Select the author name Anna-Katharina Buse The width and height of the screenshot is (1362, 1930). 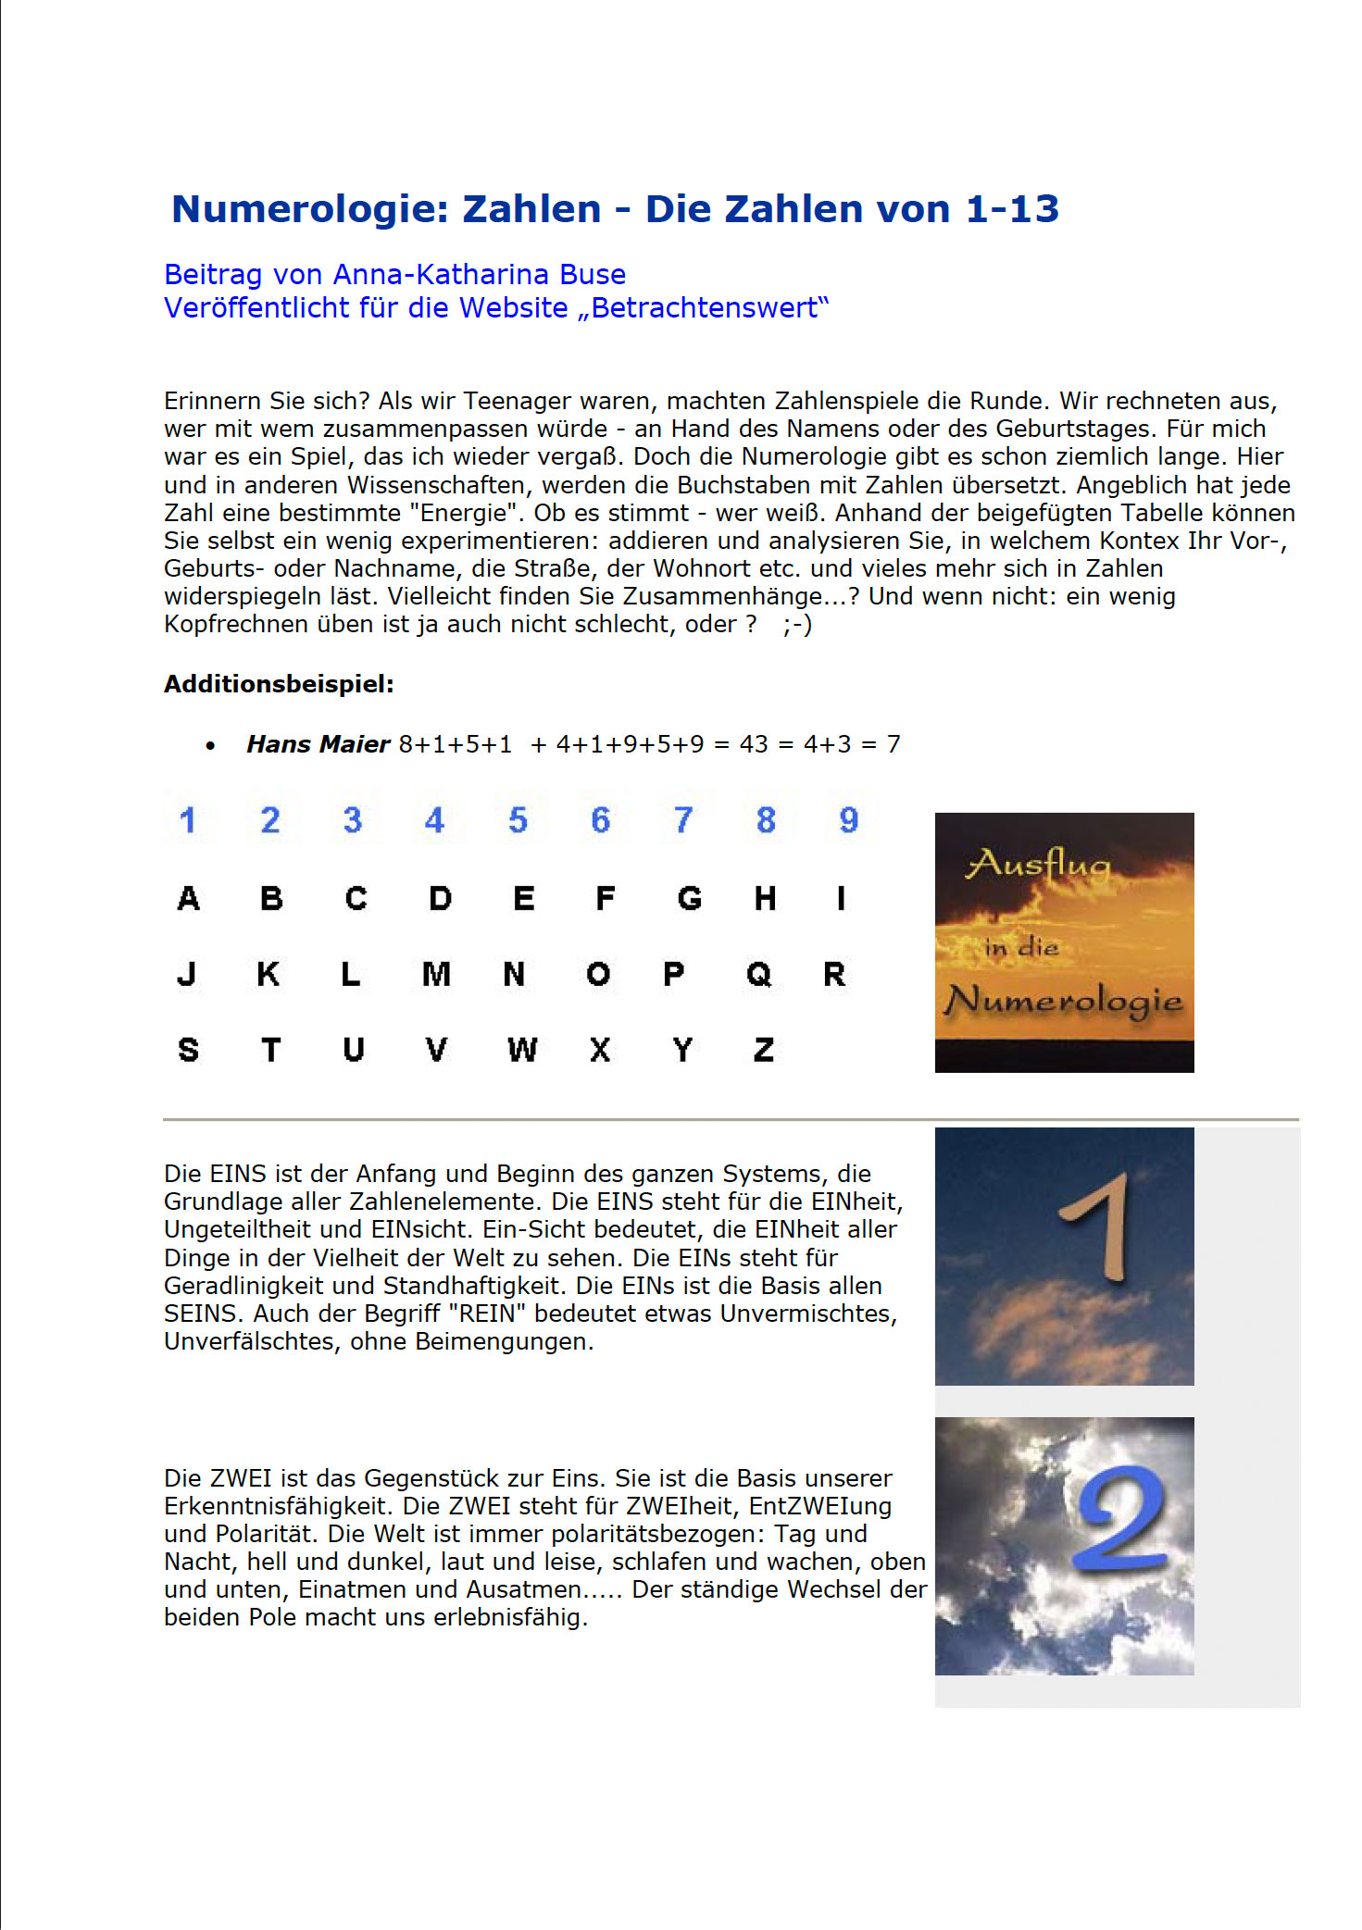[x=479, y=275]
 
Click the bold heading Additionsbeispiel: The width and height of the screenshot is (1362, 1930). [x=279, y=684]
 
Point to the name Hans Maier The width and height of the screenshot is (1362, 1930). [x=318, y=744]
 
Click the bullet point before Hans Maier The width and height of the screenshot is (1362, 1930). [x=211, y=746]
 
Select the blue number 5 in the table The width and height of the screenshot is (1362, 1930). [x=518, y=820]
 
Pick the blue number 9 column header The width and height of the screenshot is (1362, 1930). [x=848, y=820]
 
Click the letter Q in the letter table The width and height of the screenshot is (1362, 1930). [x=758, y=974]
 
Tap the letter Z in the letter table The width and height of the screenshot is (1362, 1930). [x=764, y=1050]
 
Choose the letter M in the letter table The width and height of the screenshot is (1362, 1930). [x=436, y=974]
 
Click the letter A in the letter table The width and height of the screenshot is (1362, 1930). [x=188, y=898]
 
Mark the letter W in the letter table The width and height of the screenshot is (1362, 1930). [x=522, y=1050]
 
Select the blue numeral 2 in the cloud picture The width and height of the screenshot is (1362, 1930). [x=1121, y=1518]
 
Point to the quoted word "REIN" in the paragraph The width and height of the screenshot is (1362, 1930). [x=487, y=1314]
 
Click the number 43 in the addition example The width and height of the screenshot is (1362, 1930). [x=754, y=744]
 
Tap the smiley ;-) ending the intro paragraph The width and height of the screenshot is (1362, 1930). [x=797, y=625]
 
